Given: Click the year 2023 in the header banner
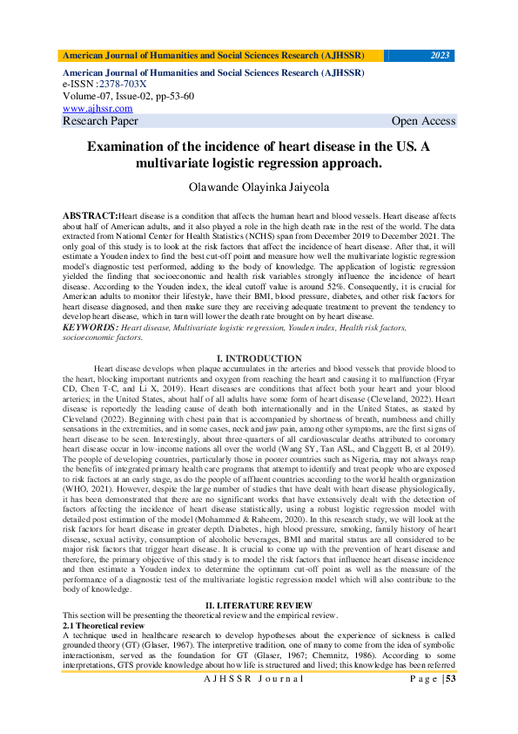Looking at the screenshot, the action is pos(441,56).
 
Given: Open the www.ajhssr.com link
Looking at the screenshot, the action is pos(98,109).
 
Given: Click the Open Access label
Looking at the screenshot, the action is pos(423,121).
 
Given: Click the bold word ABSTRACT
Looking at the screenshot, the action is pos(91,214).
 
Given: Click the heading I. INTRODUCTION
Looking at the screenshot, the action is pos(259,358).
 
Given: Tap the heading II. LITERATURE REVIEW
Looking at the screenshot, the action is pos(259,604).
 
